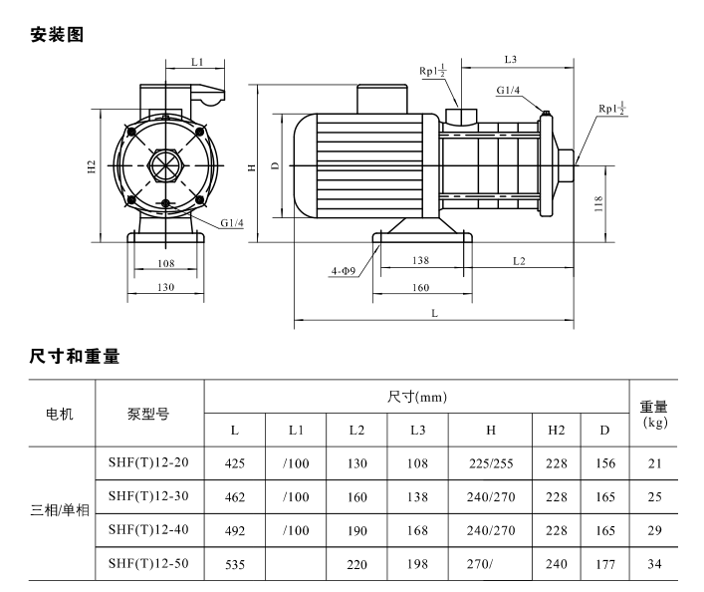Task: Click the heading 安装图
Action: click(57, 35)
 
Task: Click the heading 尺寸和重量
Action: click(75, 356)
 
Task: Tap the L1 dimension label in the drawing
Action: click(197, 62)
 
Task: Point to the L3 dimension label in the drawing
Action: click(511, 60)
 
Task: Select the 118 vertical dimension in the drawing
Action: click(598, 203)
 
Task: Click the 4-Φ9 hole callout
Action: click(344, 271)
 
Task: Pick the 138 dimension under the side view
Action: click(420, 260)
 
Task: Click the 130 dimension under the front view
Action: click(165, 287)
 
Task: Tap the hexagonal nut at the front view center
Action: click(165, 165)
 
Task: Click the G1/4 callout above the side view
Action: click(508, 91)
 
